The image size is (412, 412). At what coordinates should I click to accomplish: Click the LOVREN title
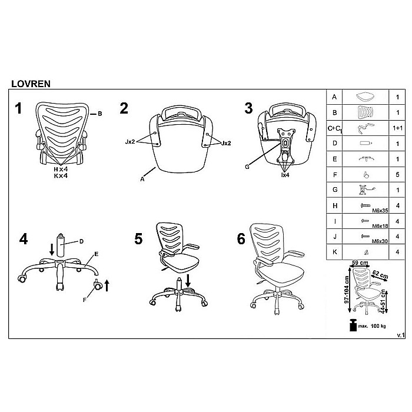[31, 84]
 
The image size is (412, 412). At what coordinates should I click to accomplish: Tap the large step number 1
[18, 108]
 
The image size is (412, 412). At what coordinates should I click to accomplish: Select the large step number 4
[24, 239]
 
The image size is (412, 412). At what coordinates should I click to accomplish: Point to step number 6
[241, 239]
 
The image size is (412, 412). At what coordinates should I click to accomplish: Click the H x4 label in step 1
[61, 170]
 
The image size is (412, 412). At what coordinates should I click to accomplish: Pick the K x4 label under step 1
[61, 176]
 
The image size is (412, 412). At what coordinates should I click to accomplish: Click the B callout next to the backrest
[100, 114]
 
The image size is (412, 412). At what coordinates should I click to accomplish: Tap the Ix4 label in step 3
[285, 175]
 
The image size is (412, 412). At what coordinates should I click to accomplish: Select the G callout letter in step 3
[247, 167]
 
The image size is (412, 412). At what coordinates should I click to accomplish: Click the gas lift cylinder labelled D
[61, 245]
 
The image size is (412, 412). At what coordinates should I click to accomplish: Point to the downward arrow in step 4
[52, 250]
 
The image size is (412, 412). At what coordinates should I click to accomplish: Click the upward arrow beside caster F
[107, 285]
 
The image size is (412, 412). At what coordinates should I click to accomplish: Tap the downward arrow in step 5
[188, 281]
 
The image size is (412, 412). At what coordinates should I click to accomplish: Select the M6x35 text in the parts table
[380, 211]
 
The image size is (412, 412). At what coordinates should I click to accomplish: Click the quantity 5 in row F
[397, 174]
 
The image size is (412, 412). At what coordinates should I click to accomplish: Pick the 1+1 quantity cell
[397, 128]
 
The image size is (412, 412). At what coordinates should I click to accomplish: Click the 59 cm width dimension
[360, 263]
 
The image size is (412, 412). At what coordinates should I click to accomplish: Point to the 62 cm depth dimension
[380, 275]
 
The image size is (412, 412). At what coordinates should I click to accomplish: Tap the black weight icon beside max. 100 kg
[353, 325]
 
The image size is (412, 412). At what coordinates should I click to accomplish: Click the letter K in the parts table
[334, 252]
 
